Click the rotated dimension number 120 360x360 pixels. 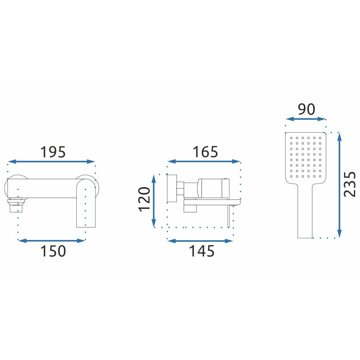point(144,200)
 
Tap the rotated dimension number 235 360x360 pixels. point(349,184)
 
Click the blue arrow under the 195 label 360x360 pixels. point(51,162)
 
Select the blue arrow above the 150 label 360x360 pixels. point(51,241)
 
